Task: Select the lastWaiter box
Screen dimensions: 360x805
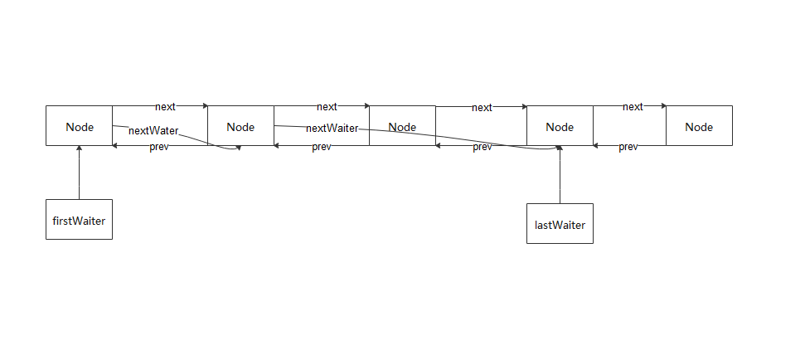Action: [560, 223]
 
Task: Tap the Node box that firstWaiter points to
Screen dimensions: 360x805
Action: [79, 126]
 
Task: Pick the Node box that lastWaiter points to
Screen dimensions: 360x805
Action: [560, 126]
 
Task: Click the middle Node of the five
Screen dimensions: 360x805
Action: [402, 126]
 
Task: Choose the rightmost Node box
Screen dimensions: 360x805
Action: [699, 126]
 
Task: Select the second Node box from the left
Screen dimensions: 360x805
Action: [240, 126]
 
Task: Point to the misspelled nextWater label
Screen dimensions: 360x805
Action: [153, 130]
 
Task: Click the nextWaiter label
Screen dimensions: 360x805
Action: [332, 129]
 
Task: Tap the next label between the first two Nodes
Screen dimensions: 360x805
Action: [165, 107]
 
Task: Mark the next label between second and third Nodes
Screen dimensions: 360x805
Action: [327, 107]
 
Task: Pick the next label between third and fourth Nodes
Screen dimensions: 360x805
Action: [482, 108]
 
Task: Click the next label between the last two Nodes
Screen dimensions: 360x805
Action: [633, 107]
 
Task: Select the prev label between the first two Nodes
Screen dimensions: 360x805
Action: [159, 147]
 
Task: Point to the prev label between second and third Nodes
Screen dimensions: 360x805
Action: [322, 147]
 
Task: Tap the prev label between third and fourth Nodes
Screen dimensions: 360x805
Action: [483, 147]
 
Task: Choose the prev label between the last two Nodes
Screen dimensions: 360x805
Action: [628, 147]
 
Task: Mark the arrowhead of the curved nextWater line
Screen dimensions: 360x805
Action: [238, 148]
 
